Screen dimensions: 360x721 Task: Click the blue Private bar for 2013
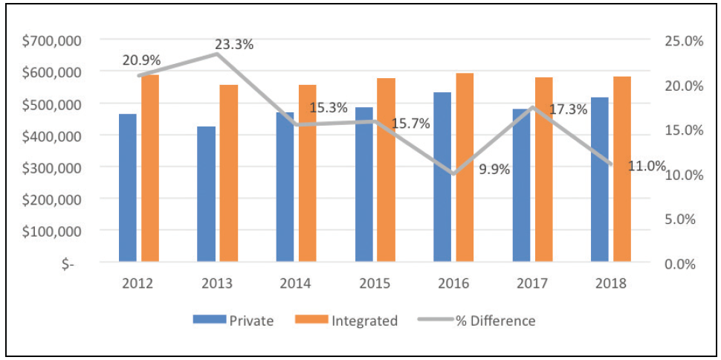[x=206, y=194]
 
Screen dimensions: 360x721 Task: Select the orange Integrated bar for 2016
[x=465, y=167]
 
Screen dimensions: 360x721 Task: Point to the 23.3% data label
[x=235, y=44]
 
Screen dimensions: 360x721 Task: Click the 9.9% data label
[x=494, y=169]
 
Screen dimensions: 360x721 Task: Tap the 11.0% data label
[x=647, y=166]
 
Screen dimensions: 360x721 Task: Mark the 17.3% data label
[x=568, y=109]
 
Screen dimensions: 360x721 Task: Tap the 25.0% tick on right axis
[x=682, y=40]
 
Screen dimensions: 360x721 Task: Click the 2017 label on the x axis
[x=532, y=283]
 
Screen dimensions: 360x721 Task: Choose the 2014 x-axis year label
[x=296, y=283]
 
